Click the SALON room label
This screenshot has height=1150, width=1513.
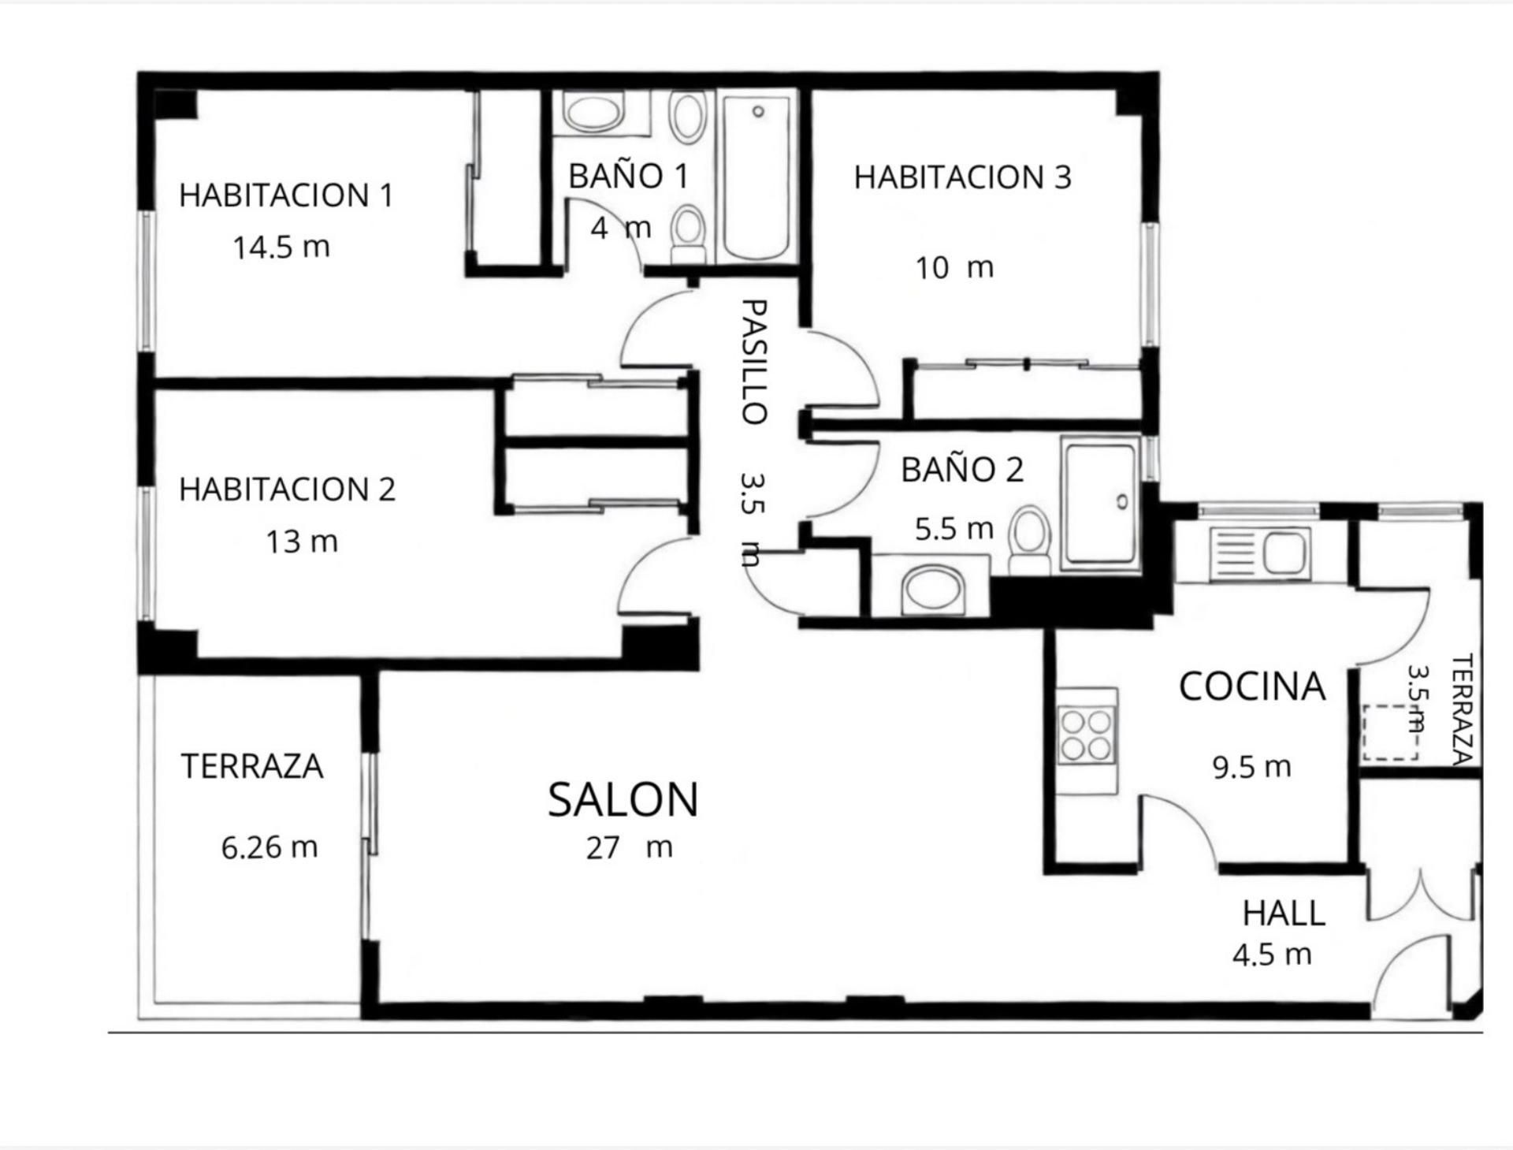[x=623, y=799]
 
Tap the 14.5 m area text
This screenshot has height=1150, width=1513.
[x=281, y=247]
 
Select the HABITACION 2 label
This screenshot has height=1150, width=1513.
[x=287, y=489]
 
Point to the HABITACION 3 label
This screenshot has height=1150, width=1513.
[x=962, y=177]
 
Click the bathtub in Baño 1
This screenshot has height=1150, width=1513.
[x=756, y=177]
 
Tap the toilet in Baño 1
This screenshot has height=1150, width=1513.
[x=690, y=233]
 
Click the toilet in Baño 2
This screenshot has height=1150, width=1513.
[x=1030, y=539]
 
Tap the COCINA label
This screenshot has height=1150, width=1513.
[x=1251, y=687]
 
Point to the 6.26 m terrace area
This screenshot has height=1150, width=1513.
[x=270, y=847]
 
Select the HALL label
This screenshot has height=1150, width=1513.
[x=1284, y=914]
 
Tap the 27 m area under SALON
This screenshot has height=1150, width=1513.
[x=629, y=848]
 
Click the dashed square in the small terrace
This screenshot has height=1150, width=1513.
[x=1391, y=733]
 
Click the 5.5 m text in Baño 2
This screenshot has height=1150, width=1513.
[x=954, y=529]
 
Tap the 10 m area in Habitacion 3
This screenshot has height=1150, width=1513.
[x=954, y=268]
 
